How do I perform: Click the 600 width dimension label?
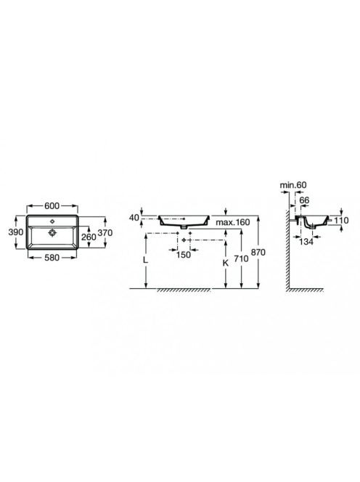(52, 205)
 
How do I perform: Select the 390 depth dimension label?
(16, 232)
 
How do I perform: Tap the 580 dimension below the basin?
(52, 258)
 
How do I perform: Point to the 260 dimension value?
(89, 237)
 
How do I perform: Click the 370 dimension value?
(105, 233)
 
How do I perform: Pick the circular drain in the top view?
(52, 233)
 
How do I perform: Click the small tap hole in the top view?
(52, 221)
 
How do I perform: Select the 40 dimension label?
(134, 218)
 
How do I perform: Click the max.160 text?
(233, 222)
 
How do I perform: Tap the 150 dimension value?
(184, 255)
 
